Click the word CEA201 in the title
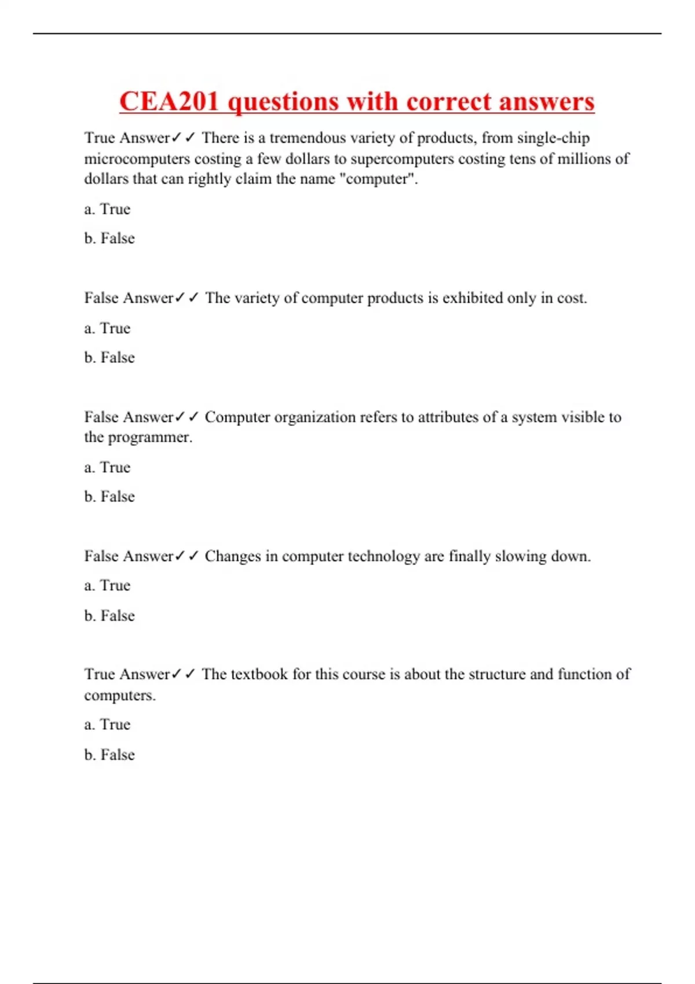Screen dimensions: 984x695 tap(170, 102)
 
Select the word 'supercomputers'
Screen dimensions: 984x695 tap(402, 159)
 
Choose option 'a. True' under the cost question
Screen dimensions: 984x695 tap(107, 328)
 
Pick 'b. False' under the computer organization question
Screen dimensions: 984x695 tap(109, 497)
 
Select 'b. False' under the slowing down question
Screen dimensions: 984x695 tap(109, 615)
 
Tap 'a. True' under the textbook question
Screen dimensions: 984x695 tap(107, 725)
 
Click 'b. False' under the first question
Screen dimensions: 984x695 tap(109, 238)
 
